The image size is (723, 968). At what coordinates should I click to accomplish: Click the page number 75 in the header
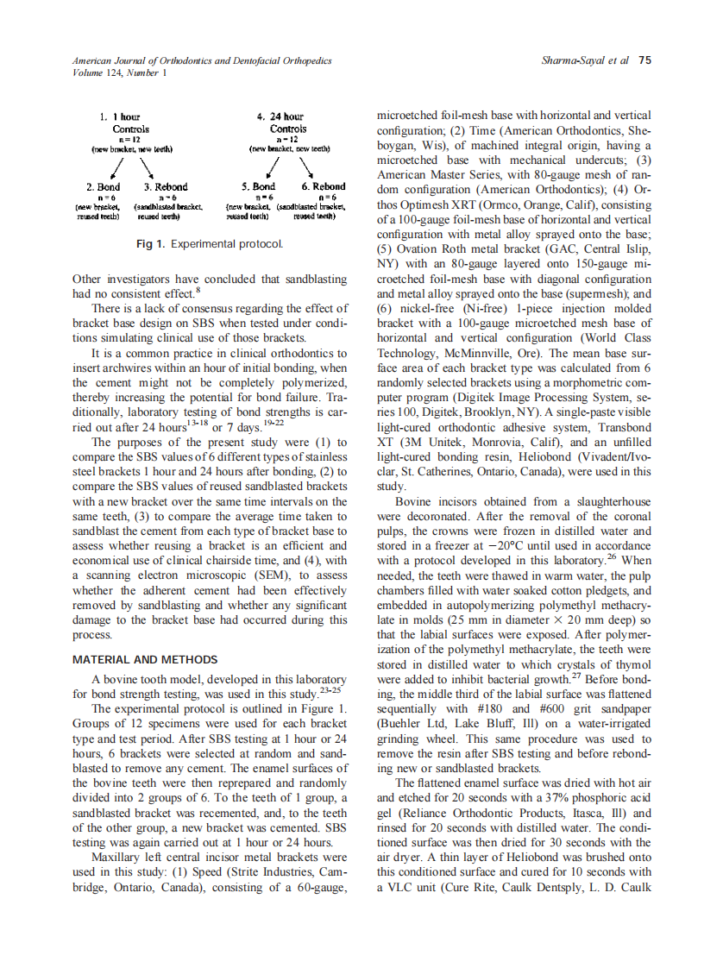click(x=644, y=60)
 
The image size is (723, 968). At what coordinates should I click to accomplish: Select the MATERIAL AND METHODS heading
click(x=145, y=660)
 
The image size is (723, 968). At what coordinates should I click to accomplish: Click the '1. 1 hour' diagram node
click(x=120, y=116)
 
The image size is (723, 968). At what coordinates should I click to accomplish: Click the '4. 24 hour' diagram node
click(x=281, y=116)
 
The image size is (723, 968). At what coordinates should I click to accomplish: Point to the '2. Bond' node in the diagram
click(x=103, y=186)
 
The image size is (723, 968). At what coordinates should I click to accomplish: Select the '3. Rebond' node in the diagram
click(x=166, y=186)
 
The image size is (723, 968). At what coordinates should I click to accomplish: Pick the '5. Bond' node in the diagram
click(x=258, y=186)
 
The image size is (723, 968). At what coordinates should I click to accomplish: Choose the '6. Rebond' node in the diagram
click(x=323, y=186)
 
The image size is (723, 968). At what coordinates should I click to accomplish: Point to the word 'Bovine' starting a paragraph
click(x=414, y=501)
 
